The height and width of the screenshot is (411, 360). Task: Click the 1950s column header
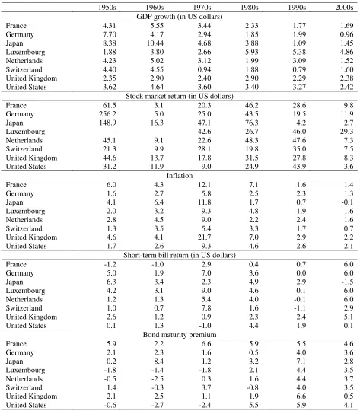107,7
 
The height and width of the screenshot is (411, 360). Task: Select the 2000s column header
344,7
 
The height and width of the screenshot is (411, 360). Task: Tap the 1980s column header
250,7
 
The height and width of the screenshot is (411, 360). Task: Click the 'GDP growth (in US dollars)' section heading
180,17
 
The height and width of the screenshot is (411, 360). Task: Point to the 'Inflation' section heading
180,175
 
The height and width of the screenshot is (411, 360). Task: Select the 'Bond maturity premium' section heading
180,334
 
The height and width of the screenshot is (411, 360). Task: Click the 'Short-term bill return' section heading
180,255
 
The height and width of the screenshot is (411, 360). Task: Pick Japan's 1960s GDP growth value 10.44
155,43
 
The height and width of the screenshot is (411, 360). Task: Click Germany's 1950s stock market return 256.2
107,113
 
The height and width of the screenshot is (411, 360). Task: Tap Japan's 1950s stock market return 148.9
107,123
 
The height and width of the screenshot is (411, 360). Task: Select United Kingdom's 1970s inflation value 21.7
205,237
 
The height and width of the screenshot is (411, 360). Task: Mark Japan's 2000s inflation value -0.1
347,202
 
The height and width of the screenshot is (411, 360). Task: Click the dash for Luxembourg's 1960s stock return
162,132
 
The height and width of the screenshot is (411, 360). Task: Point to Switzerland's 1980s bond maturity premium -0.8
252,387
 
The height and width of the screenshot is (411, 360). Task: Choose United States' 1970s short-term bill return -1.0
205,325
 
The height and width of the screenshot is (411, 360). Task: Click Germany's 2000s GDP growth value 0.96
346,34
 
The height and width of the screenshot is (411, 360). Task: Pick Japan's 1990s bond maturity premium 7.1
301,362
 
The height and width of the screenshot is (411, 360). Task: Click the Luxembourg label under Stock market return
25,132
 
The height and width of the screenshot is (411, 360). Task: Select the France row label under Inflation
16,184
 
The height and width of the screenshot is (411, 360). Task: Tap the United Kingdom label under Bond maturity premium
31,396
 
